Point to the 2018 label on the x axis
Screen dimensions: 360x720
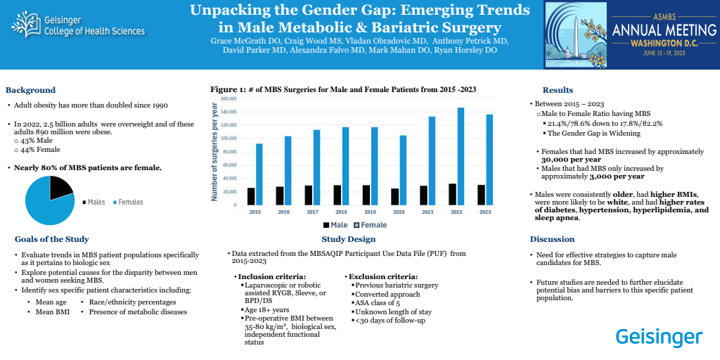[341, 211]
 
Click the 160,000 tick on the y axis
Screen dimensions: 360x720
[229, 99]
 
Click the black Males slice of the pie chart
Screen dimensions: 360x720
[61, 186]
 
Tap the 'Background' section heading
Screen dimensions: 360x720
[30, 90]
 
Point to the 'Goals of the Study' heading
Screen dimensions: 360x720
[51, 239]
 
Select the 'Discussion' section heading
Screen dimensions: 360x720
[552, 239]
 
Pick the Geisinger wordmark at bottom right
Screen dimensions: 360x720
[659, 337]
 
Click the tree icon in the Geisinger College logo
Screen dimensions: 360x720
[26, 26]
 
